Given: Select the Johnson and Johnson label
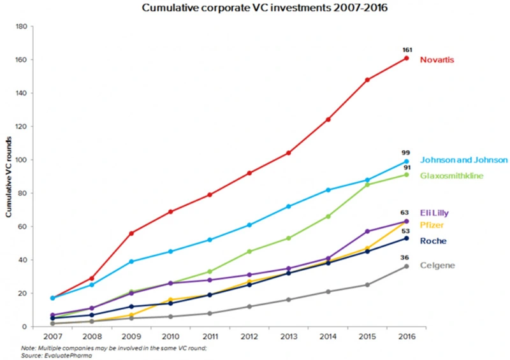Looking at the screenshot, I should [463, 160].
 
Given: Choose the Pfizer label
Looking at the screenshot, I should [432, 225].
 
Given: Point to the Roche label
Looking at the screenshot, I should [433, 241].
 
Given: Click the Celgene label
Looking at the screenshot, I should [437, 265].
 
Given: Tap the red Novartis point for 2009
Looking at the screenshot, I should [131, 233].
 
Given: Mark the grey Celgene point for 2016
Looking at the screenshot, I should [405, 266].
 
